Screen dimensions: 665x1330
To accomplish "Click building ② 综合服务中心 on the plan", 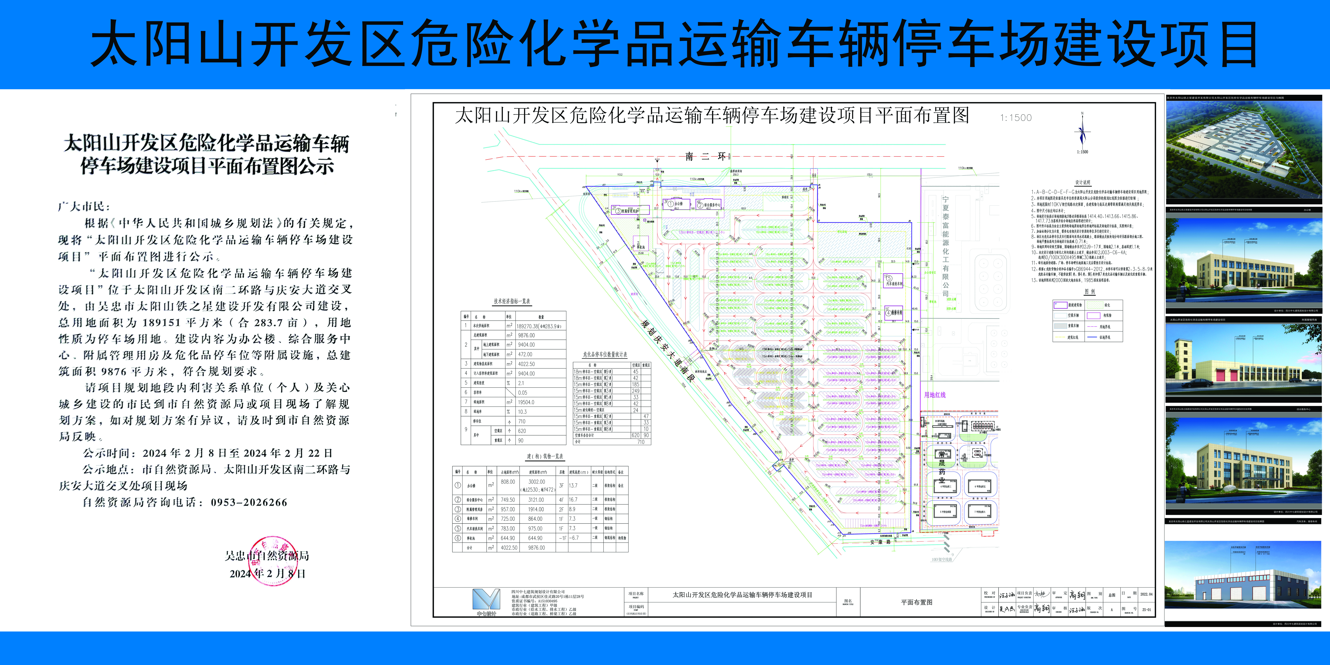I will pyautogui.click(x=708, y=205).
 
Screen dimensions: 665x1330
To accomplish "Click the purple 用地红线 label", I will pyautogui.click(x=934, y=395).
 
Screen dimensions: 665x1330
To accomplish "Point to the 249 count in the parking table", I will pyautogui.click(x=636, y=391).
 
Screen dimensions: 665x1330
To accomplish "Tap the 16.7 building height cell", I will pyautogui.click(x=573, y=500).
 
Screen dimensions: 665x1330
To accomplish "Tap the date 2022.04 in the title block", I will pyautogui.click(x=1146, y=594).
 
